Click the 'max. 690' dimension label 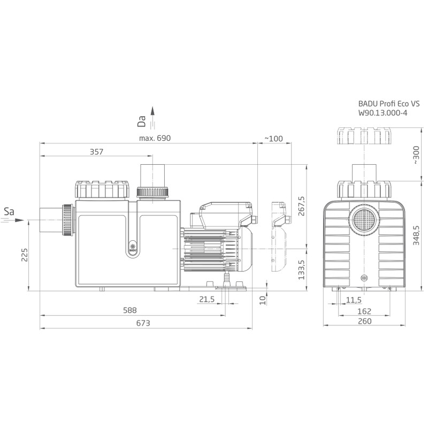coord(155,138)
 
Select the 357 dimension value coord(97,151)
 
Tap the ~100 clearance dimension coord(274,139)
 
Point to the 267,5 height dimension coord(301,206)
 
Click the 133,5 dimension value coord(301,270)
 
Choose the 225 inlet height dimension coord(25,255)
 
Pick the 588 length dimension coord(129,310)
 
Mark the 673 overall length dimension coord(143,323)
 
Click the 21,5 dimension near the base coord(207,300)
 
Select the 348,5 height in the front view coord(416,235)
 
